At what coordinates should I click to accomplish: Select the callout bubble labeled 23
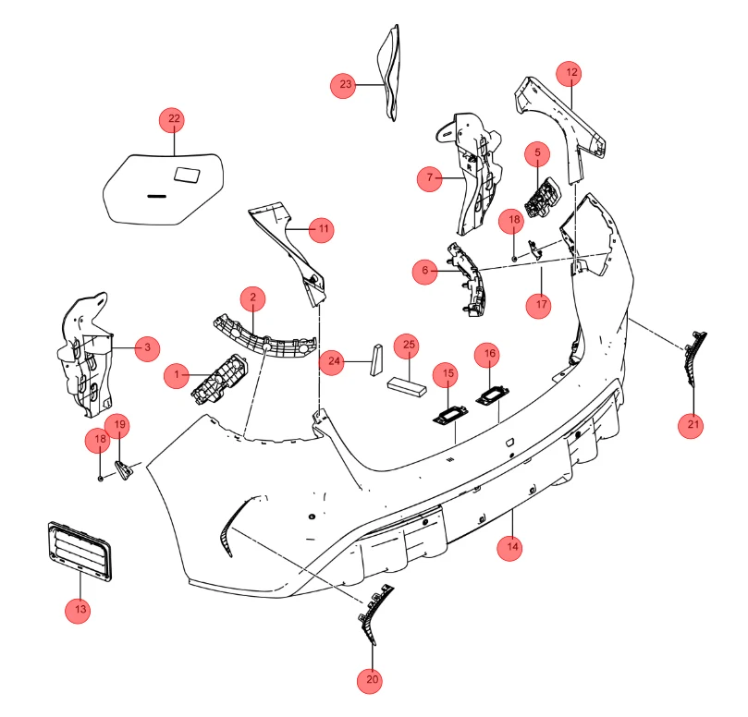coord(343,85)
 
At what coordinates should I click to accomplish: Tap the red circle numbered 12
coord(570,73)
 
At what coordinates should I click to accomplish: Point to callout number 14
coord(509,548)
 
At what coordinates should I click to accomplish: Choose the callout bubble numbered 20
coord(370,680)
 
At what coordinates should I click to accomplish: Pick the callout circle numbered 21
coord(691,425)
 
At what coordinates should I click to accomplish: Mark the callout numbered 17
coord(539,305)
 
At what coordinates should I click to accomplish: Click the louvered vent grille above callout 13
coord(80,552)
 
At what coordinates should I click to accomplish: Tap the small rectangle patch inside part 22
coord(187,175)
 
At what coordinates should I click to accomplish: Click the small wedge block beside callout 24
coord(376,360)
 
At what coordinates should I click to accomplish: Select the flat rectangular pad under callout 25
coord(407,386)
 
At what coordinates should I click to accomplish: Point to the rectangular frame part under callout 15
coord(450,414)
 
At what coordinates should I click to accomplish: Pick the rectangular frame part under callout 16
coord(492,395)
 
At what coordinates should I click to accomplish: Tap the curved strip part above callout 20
coord(374,614)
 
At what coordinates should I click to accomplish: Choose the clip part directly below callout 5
coord(543,198)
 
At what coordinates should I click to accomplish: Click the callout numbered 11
coord(322,230)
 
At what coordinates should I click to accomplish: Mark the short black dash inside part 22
coord(156,196)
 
